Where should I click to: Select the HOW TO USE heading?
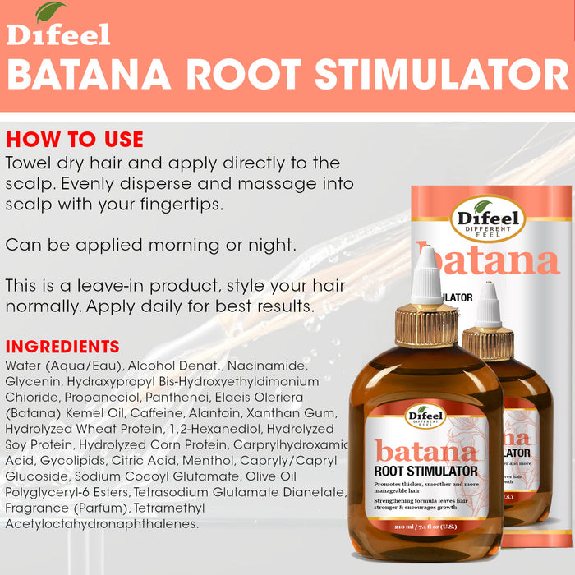75,140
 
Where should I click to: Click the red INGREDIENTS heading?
62,347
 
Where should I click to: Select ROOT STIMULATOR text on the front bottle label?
425,471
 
